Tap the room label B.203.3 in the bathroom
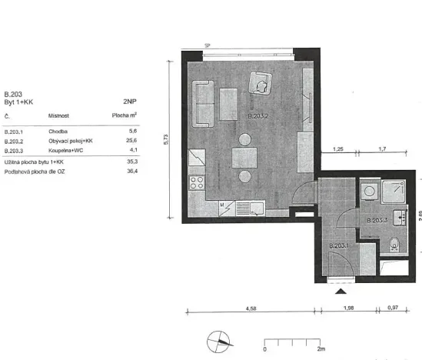click(376, 221)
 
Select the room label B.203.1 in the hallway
click(338, 246)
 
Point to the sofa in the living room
click(204, 104)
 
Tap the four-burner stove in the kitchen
click(196, 185)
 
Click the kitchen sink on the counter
click(250, 207)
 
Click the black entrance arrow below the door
click(342, 291)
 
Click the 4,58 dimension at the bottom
click(251, 308)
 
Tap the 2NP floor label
click(129, 101)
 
